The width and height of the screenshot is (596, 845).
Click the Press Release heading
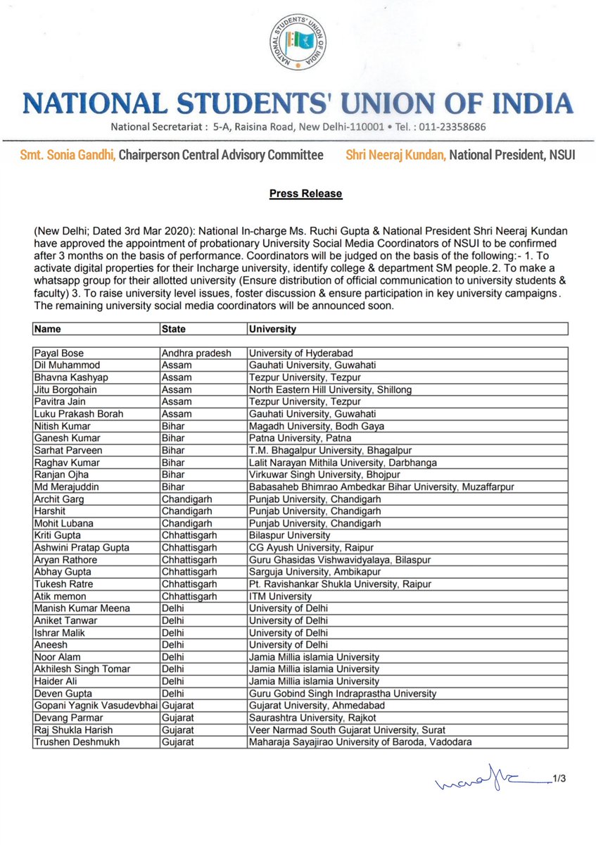click(305, 193)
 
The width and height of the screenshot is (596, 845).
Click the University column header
click(272, 329)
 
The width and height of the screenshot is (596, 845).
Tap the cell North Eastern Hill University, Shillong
click(330, 389)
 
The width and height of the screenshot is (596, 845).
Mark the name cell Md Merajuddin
click(65, 487)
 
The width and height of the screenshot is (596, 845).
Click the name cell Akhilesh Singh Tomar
click(78, 668)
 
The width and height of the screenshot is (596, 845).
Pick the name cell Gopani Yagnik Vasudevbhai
click(96, 705)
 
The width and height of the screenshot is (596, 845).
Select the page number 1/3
click(559, 778)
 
